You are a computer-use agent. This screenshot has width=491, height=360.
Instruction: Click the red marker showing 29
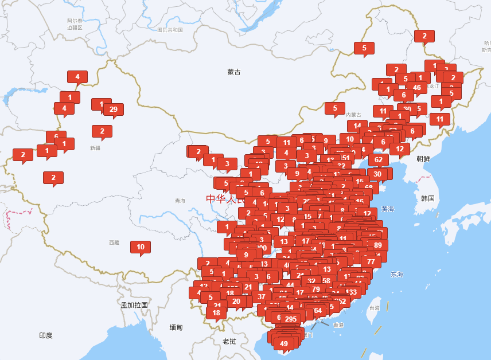coord(113,109)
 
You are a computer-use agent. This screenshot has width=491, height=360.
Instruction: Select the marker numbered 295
coord(291,319)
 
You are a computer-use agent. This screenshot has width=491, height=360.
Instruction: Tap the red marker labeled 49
coord(283,344)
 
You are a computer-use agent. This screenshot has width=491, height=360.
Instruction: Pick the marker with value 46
coord(417,88)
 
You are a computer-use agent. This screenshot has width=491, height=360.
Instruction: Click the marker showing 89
coord(377,245)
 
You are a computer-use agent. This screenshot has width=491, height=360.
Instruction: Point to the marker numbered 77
coord(371,262)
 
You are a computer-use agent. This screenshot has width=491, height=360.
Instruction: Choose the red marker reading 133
coord(352,292)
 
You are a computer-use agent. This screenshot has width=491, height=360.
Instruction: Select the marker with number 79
coord(316,289)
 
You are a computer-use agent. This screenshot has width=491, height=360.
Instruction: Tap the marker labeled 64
coord(317,311)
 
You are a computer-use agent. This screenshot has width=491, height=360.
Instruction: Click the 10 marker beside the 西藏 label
coord(141,247)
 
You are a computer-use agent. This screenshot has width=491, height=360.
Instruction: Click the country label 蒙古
coord(234,72)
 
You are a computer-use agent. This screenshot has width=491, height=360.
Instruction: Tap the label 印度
coord(46,335)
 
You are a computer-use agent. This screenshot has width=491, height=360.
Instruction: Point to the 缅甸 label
coord(176,327)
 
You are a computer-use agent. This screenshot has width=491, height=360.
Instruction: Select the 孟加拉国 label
coord(134,305)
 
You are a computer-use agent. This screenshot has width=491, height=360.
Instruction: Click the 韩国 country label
coord(428,198)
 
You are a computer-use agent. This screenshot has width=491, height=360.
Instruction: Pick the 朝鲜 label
coord(423,159)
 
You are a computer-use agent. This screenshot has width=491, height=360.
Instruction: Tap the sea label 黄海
coord(388,209)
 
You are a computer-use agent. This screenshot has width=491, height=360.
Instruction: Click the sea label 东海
coord(397,275)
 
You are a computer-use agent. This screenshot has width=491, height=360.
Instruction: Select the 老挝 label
coord(229,341)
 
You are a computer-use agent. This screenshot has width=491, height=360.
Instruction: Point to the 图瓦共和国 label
coord(170,30)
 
